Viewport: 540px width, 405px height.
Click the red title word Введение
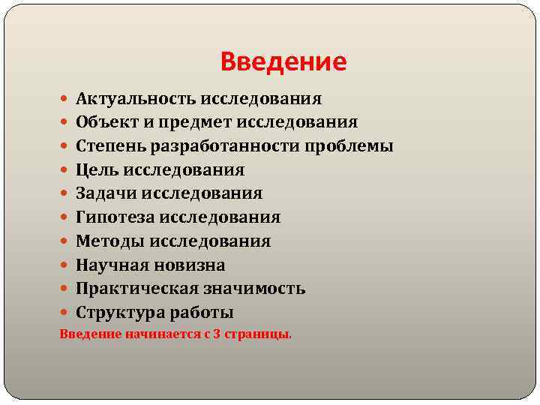pyautogui.click(x=283, y=61)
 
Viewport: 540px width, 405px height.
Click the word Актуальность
pyautogui.click(x=134, y=98)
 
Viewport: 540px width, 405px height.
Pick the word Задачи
pyautogui.click(x=106, y=194)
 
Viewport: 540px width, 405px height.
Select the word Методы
pyautogui.click(x=109, y=241)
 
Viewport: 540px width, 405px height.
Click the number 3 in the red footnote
pyautogui.click(x=216, y=334)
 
